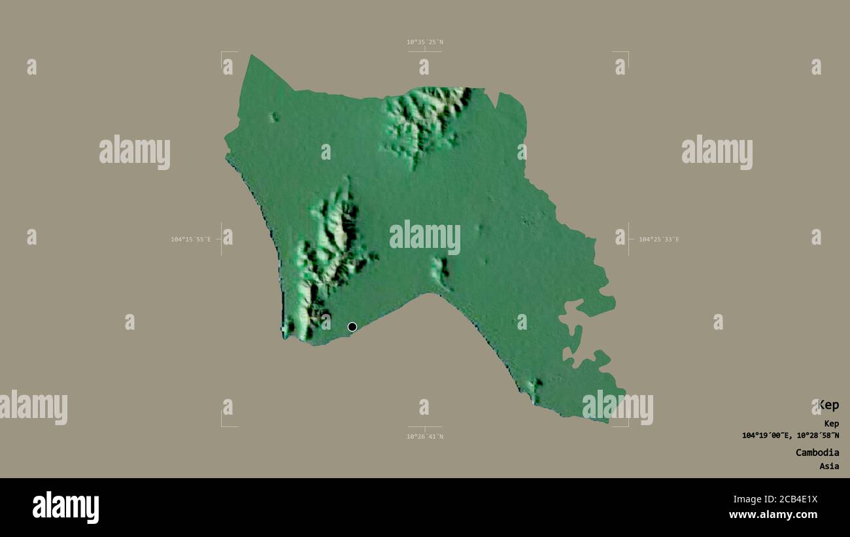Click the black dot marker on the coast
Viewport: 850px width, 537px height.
pos(352,327)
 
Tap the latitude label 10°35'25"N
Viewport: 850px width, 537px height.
pos(424,43)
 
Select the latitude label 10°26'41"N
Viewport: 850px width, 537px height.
pos(424,436)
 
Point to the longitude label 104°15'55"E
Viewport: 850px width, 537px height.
pos(191,239)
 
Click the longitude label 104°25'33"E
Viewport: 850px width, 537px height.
pos(658,239)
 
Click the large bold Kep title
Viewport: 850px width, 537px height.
pos(828,405)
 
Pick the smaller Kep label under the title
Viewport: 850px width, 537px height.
pos(831,423)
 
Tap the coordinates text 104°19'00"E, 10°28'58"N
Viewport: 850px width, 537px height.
pos(790,436)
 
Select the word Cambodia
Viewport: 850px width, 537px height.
pos(817,453)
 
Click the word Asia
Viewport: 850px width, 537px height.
pos(829,466)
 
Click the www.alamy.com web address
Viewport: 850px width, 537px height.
pos(773,515)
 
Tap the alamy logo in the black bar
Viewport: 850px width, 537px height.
pos(65,508)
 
